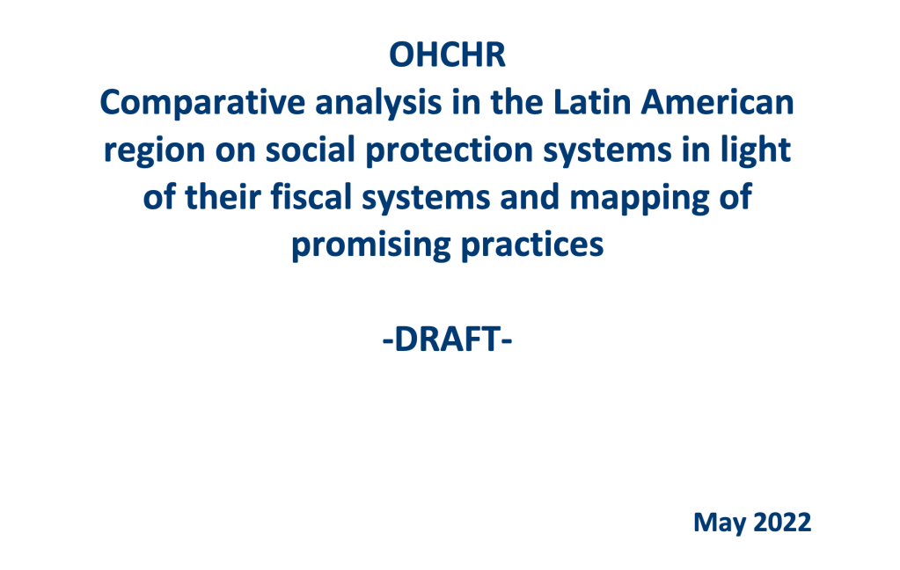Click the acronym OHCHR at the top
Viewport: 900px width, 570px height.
coord(447,55)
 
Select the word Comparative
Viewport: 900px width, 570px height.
coord(202,103)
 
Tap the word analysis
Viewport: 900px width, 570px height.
coord(378,104)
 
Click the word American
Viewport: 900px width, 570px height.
coord(718,102)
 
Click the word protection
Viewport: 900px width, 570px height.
coord(450,151)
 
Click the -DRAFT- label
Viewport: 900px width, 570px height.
coord(447,340)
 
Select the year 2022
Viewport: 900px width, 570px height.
coord(782,522)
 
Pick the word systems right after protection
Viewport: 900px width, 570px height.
coord(607,151)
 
